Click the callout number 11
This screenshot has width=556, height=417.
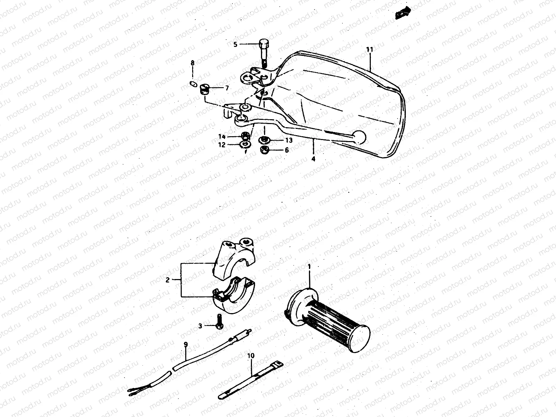point(370,49)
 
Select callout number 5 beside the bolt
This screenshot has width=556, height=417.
point(235,44)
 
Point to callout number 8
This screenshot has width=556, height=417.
point(193,63)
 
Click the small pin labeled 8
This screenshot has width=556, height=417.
point(193,83)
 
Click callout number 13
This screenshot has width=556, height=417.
point(289,140)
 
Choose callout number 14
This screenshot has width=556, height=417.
point(222,137)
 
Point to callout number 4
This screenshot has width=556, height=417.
point(313,159)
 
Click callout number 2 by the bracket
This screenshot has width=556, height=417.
point(167,280)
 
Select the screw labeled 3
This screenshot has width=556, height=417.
point(219,321)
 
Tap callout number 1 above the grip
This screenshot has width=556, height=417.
point(309,266)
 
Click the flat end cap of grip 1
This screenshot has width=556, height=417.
point(360,338)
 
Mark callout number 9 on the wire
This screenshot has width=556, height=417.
point(186,344)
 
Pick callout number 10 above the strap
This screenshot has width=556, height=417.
point(251,356)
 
